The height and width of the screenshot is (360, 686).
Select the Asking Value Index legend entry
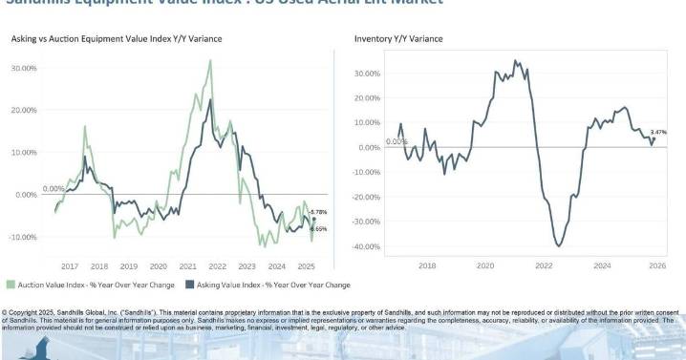click(x=267, y=284)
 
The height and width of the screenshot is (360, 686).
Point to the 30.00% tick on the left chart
click(x=24, y=68)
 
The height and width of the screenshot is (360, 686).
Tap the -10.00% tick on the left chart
click(x=23, y=237)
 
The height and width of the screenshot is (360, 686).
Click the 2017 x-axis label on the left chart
click(x=69, y=266)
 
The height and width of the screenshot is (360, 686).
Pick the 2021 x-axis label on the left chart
click(x=187, y=266)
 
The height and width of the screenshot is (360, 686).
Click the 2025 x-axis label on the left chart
click(x=306, y=266)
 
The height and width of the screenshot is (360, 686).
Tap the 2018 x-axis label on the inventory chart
click(x=427, y=266)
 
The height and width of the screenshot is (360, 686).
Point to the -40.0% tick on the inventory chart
click(x=367, y=246)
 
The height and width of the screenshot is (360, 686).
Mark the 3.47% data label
click(x=658, y=132)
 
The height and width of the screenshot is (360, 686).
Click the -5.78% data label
click(x=320, y=211)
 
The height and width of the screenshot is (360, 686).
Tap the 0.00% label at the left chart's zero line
click(x=54, y=189)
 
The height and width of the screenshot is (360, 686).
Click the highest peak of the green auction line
click(x=211, y=60)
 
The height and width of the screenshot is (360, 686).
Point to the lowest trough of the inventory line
click(x=559, y=246)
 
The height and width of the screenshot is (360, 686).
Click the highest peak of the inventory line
click(x=516, y=61)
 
